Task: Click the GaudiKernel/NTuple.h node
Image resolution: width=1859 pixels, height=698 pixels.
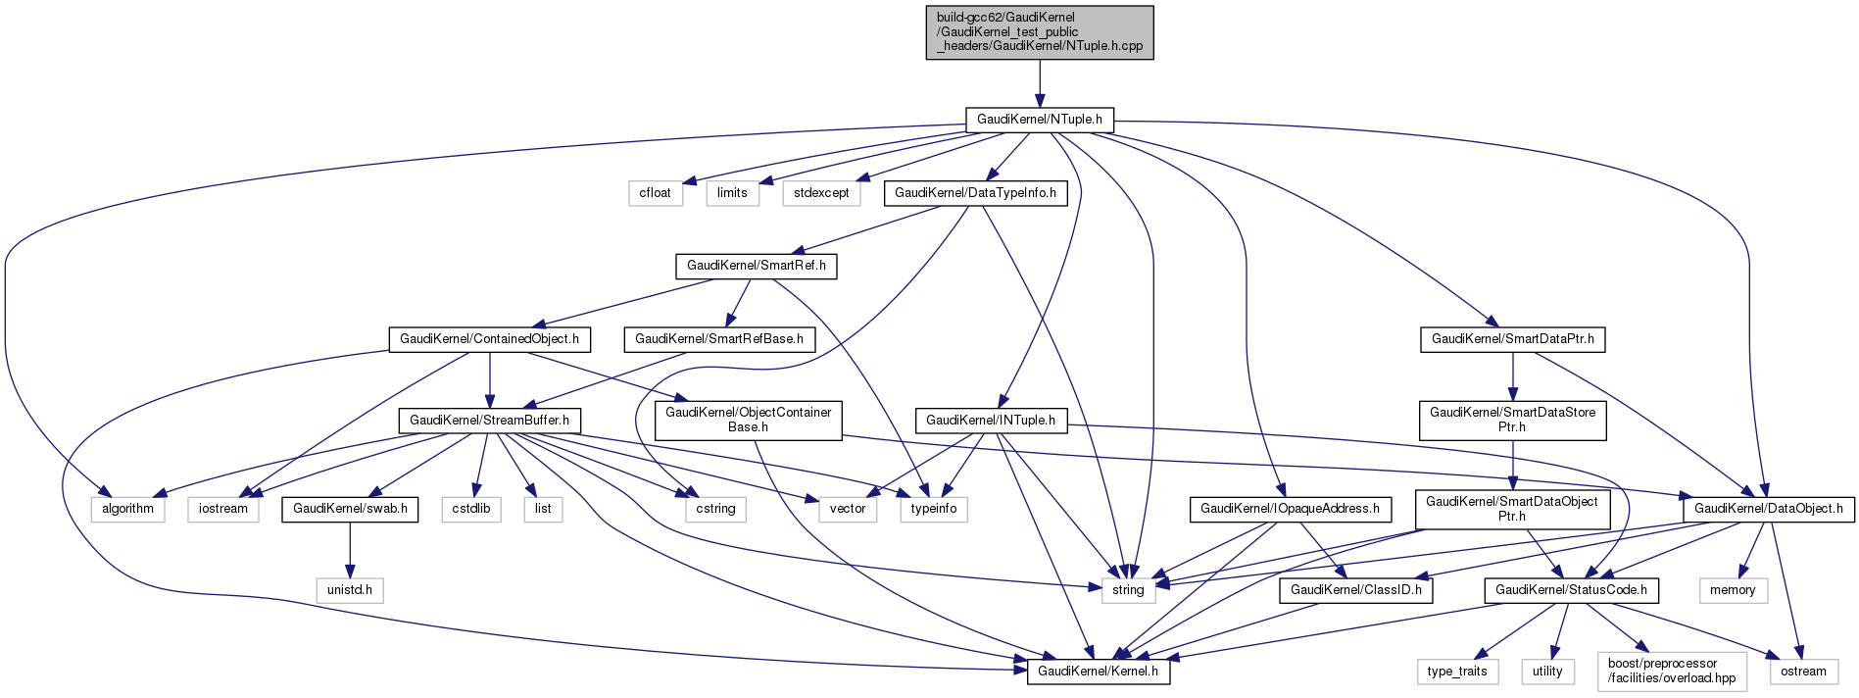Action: click(1040, 120)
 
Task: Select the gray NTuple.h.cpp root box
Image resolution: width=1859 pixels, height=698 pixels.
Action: click(1040, 32)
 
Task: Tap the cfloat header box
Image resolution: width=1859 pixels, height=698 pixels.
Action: click(655, 193)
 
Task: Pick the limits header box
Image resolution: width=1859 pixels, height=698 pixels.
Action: click(732, 193)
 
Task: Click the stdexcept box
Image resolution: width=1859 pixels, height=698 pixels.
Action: click(821, 193)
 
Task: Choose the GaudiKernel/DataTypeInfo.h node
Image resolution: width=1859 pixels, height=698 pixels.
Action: click(975, 193)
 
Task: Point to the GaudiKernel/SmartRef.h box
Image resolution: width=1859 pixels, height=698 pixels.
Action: click(756, 266)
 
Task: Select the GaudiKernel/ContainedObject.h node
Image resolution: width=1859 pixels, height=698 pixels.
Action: click(489, 339)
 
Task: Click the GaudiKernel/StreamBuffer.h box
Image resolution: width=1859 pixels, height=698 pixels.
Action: click(489, 421)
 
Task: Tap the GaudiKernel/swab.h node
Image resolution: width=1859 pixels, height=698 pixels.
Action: click(350, 509)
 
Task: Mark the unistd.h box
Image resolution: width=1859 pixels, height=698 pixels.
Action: click(350, 590)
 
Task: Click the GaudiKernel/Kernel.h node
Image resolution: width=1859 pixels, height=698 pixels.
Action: click(1098, 672)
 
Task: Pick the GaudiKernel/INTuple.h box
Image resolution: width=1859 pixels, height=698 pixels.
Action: click(991, 421)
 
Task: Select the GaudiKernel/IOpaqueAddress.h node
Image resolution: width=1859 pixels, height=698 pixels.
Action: click(1290, 509)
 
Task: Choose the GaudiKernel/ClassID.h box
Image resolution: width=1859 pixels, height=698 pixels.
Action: click(1356, 590)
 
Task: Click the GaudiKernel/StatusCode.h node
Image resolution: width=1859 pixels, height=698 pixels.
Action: click(1572, 590)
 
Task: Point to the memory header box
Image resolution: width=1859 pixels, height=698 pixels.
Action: click(1733, 590)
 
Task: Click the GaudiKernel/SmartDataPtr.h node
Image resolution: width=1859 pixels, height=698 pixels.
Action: click(1513, 339)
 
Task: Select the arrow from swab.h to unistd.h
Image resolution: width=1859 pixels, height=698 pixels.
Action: click(350, 549)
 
